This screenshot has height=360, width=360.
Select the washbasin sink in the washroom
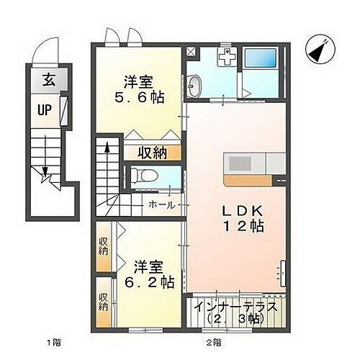(x=195, y=87)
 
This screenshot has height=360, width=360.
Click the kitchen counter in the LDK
(x=250, y=164)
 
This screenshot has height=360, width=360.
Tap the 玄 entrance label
(x=46, y=80)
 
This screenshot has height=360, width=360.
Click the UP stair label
(x=45, y=112)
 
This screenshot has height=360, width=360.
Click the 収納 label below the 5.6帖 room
(x=153, y=153)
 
